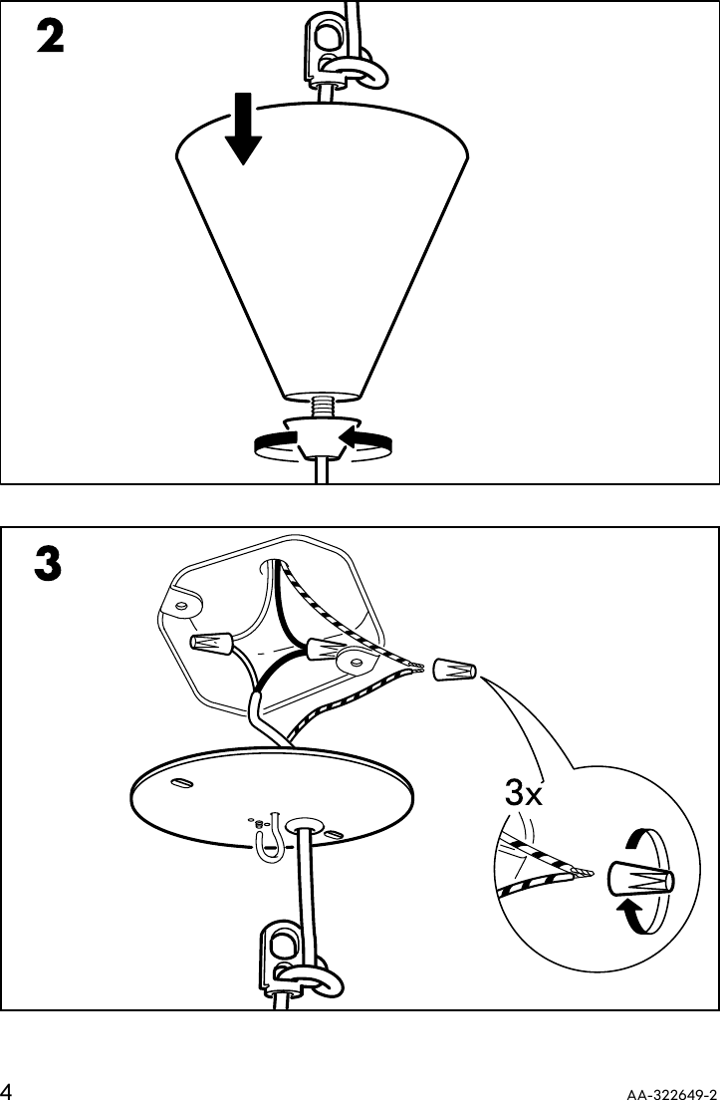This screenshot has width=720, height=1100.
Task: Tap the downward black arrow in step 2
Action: pyautogui.click(x=243, y=130)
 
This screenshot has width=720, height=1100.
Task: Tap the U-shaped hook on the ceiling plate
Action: pyautogui.click(x=266, y=842)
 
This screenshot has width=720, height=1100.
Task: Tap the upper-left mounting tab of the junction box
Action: pyautogui.click(x=181, y=603)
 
